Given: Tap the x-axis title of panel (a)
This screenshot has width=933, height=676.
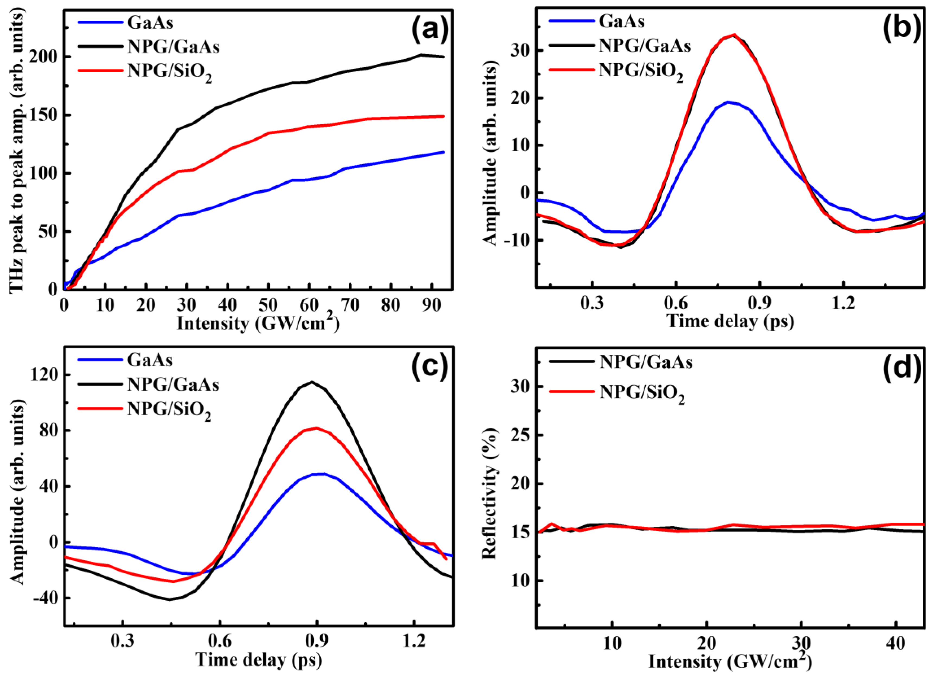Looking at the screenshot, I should click(x=258, y=324).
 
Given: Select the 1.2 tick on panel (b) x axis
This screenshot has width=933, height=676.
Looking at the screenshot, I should click(x=843, y=304).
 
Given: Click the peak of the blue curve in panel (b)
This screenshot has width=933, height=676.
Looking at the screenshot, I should click(x=728, y=102).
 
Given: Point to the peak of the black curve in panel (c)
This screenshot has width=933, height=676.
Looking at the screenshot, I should click(x=312, y=382).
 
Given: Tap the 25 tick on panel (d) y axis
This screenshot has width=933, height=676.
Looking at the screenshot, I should click(x=520, y=435).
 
